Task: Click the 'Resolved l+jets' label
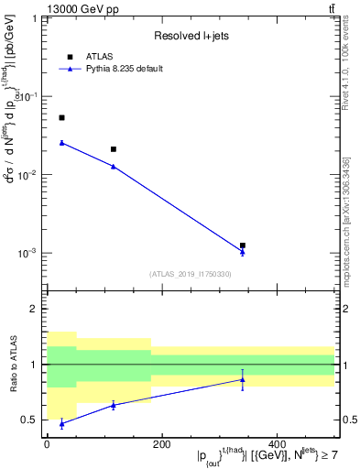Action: [191, 36]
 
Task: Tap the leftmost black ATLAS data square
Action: [61, 118]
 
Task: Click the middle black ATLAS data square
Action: [114, 149]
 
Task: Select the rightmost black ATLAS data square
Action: [243, 245]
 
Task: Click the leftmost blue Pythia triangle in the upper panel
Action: [61, 142]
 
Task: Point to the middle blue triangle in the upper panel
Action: [114, 166]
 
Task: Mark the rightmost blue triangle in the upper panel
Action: [243, 251]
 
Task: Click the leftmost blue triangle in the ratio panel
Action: [61, 424]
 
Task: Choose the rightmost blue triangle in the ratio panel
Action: [243, 379]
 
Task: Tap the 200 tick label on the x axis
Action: [161, 445]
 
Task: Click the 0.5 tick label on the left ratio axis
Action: [33, 420]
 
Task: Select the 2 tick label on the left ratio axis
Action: [37, 309]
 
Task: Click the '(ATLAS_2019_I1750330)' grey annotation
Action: [191, 274]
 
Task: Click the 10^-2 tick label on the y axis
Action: [29, 174]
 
